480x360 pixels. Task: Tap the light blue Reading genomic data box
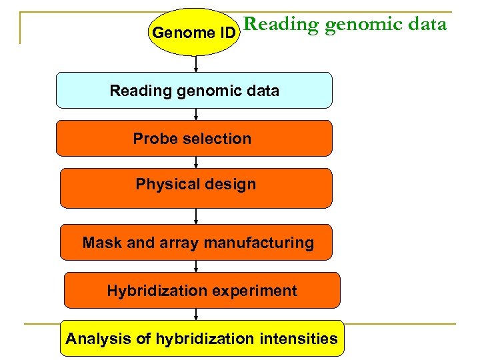(x=194, y=91)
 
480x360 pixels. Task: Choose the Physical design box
(x=195, y=189)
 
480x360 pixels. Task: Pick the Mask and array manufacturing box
(x=198, y=243)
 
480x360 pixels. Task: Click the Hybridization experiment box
(x=201, y=291)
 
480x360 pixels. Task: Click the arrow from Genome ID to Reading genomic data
(x=196, y=64)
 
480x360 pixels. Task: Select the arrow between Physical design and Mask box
(x=196, y=216)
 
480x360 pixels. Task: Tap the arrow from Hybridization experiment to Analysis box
(x=196, y=314)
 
